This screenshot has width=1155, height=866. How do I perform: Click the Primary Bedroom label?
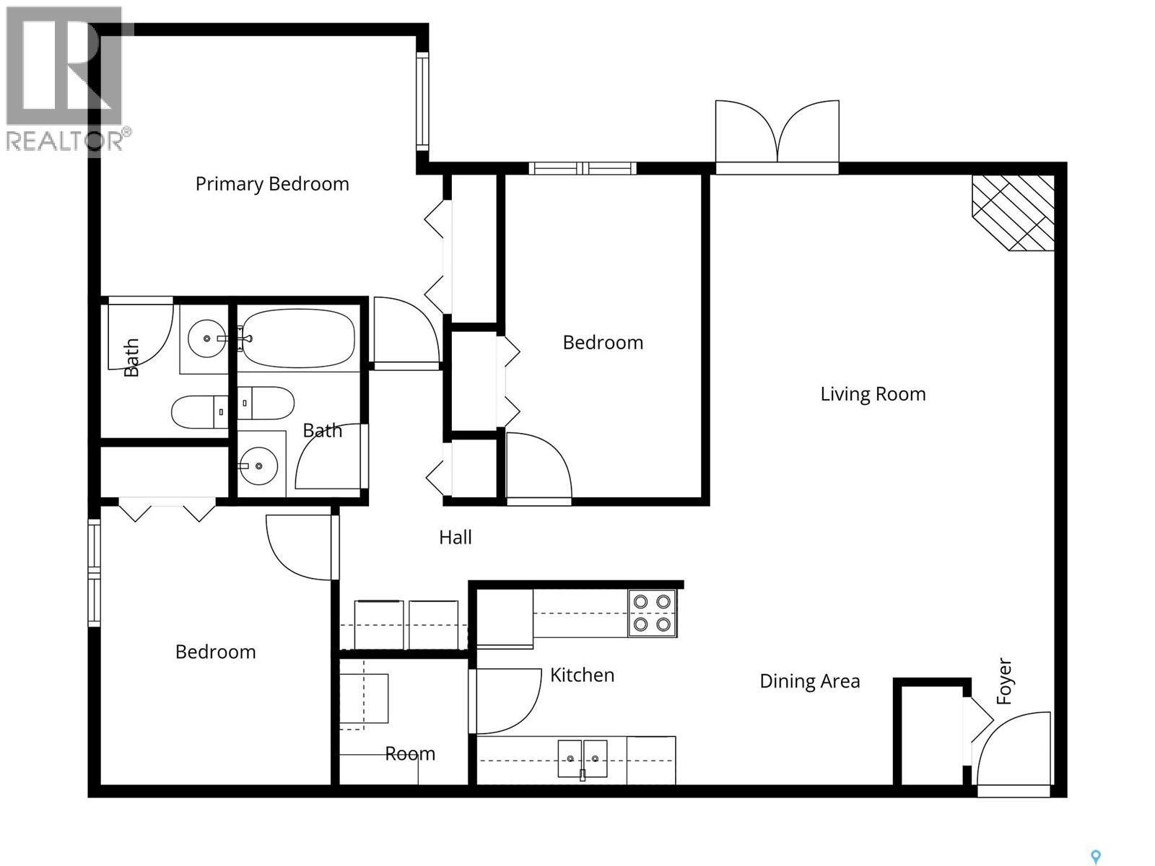(x=272, y=184)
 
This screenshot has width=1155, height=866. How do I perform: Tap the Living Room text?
(x=873, y=394)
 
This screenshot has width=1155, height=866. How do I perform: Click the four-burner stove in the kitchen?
(x=652, y=613)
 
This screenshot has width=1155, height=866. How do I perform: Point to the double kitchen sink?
(x=582, y=758)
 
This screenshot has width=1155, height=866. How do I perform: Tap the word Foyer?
(x=1004, y=681)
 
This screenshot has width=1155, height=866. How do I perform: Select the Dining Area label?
(x=809, y=681)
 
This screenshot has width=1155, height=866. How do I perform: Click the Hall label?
(x=456, y=537)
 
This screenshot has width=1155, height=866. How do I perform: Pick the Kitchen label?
(x=582, y=675)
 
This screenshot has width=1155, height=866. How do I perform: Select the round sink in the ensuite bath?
(x=207, y=337)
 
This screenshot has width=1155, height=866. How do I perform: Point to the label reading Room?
(x=409, y=753)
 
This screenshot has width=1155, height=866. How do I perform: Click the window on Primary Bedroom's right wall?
(x=422, y=101)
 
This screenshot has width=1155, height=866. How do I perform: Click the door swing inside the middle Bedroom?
(x=538, y=466)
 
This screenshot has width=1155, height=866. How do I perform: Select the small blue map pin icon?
(x=1095, y=857)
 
